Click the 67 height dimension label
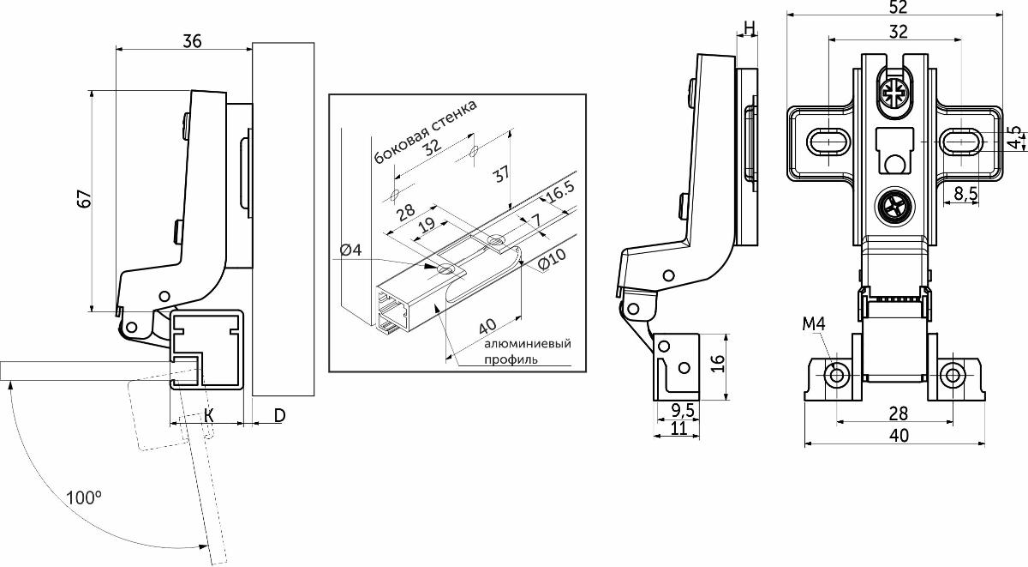[82, 200]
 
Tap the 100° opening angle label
[84, 497]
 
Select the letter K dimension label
[208, 415]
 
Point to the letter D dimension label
[279, 415]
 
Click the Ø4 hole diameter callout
[351, 250]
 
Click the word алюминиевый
[527, 344]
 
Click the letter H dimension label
[749, 28]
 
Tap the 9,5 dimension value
[682, 408]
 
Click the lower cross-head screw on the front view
[893, 207]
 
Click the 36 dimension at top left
[192, 40]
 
